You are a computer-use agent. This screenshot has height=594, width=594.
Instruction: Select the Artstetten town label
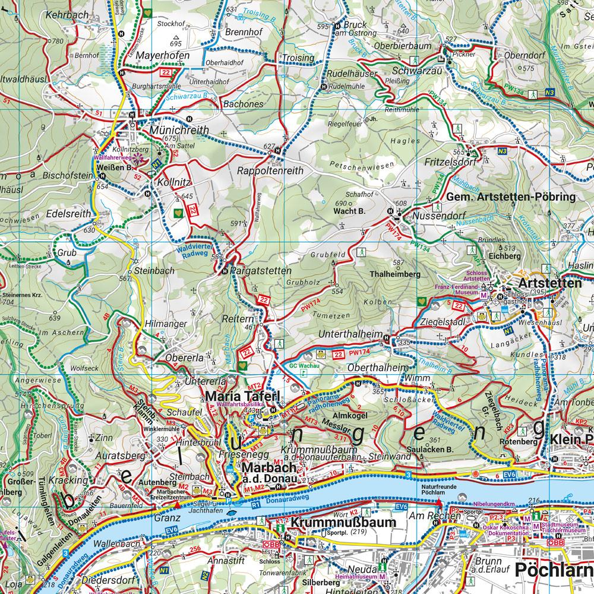pyautogui.click(x=549, y=283)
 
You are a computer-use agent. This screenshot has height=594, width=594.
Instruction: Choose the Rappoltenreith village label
pyautogui.click(x=270, y=170)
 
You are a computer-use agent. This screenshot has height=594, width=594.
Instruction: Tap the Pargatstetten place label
pyautogui.click(x=261, y=271)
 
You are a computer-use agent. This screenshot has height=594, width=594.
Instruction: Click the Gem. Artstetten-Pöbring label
pyautogui.click(x=511, y=197)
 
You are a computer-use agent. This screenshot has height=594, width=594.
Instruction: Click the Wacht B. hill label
pyautogui.click(x=352, y=211)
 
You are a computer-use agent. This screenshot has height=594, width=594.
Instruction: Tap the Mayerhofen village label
pyautogui.click(x=162, y=56)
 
